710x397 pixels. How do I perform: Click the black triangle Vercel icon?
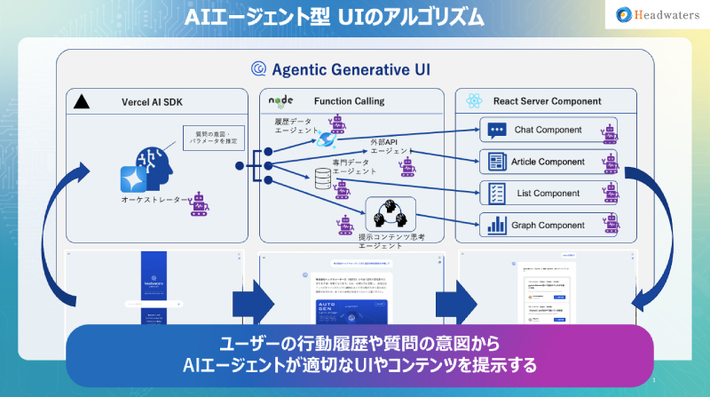(81, 101)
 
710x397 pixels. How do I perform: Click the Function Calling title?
(349, 101)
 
